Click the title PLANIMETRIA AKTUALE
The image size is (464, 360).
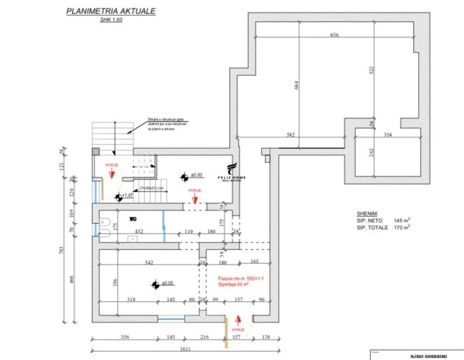(x=111, y=11)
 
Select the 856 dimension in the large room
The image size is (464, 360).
(x=334, y=36)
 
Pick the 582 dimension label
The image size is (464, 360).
(x=291, y=134)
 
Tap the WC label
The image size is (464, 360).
(x=132, y=219)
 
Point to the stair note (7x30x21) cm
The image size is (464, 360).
(x=152, y=188)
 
